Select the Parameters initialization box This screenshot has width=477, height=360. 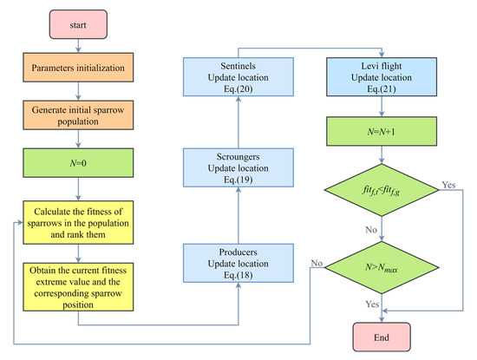coord(79,68)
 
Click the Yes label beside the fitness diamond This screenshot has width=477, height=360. coord(448,185)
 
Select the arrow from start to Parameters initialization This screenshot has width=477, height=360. coord(79,47)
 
